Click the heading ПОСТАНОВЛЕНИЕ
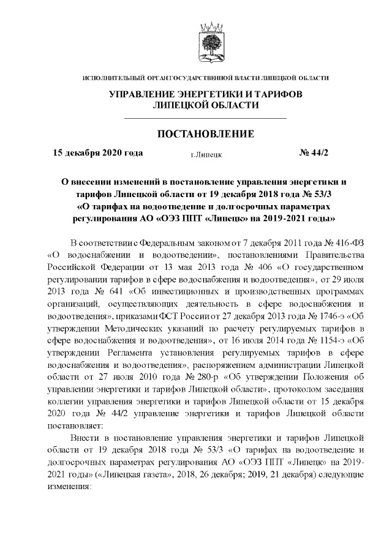click(x=206, y=133)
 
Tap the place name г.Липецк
click(x=206, y=155)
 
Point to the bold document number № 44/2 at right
click(x=314, y=153)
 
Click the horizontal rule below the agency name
click(x=206, y=117)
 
